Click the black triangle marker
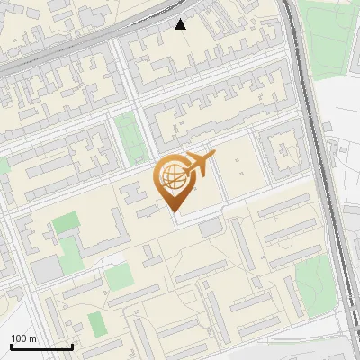coord(181,24)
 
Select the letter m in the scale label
coord(32,338)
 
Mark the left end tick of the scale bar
coord(11,346)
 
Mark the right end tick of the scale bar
coord(72,346)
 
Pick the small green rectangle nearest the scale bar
coord(96,323)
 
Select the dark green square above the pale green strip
coord(65,223)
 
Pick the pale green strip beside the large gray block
coord(119,276)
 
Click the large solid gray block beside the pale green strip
coord(47,269)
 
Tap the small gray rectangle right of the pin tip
coord(210,228)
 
